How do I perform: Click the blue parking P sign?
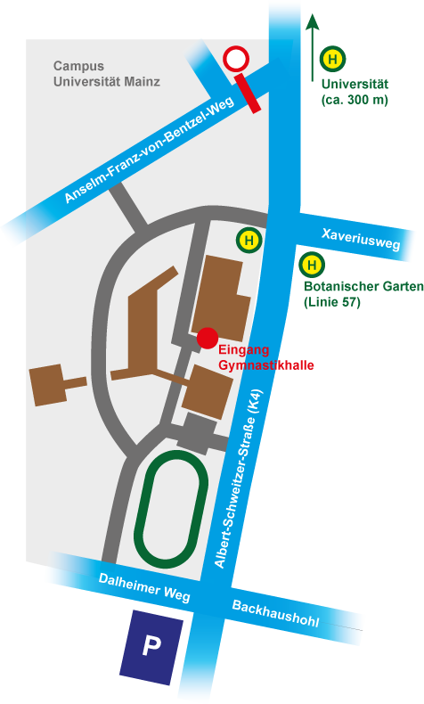tap(151, 647)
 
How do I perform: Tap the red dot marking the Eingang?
tap(208, 338)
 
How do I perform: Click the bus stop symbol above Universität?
tap(332, 60)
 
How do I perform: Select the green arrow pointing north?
tap(313, 47)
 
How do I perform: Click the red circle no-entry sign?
tap(236, 60)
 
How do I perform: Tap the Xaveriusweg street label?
tap(361, 239)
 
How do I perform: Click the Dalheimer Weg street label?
tap(144, 587)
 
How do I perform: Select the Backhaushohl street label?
tap(276, 613)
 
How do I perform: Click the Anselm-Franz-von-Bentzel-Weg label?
tap(150, 150)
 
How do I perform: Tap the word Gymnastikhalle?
tap(266, 365)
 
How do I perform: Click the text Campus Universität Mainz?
tap(107, 74)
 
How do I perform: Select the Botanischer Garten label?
tap(363, 286)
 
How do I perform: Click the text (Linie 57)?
tap(332, 302)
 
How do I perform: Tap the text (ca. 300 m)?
tap(355, 100)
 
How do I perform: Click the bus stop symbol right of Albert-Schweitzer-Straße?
tap(313, 265)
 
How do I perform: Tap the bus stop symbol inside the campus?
tap(249, 241)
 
